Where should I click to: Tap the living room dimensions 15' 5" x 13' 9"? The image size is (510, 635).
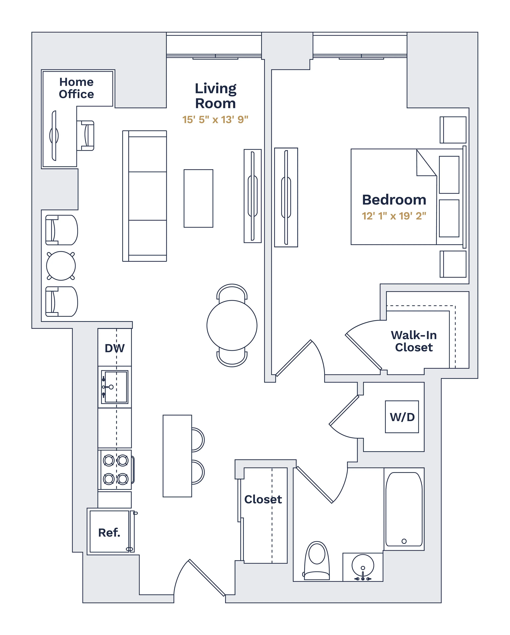pyautogui.click(x=215, y=120)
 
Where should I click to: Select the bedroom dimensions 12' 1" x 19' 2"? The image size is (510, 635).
pyautogui.click(x=394, y=216)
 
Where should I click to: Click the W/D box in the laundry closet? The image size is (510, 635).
pyautogui.click(x=402, y=417)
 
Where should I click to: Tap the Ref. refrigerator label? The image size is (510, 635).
pyautogui.click(x=109, y=532)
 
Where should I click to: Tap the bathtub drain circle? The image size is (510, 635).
pyautogui.click(x=404, y=541)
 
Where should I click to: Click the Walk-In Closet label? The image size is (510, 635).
pyautogui.click(x=414, y=341)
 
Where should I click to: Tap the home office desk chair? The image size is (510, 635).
pyautogui.click(x=86, y=135)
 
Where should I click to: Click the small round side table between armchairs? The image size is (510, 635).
pyautogui.click(x=61, y=266)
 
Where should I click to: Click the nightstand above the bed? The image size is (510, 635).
pyautogui.click(x=453, y=130)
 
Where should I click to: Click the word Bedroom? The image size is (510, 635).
pyautogui.click(x=394, y=200)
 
